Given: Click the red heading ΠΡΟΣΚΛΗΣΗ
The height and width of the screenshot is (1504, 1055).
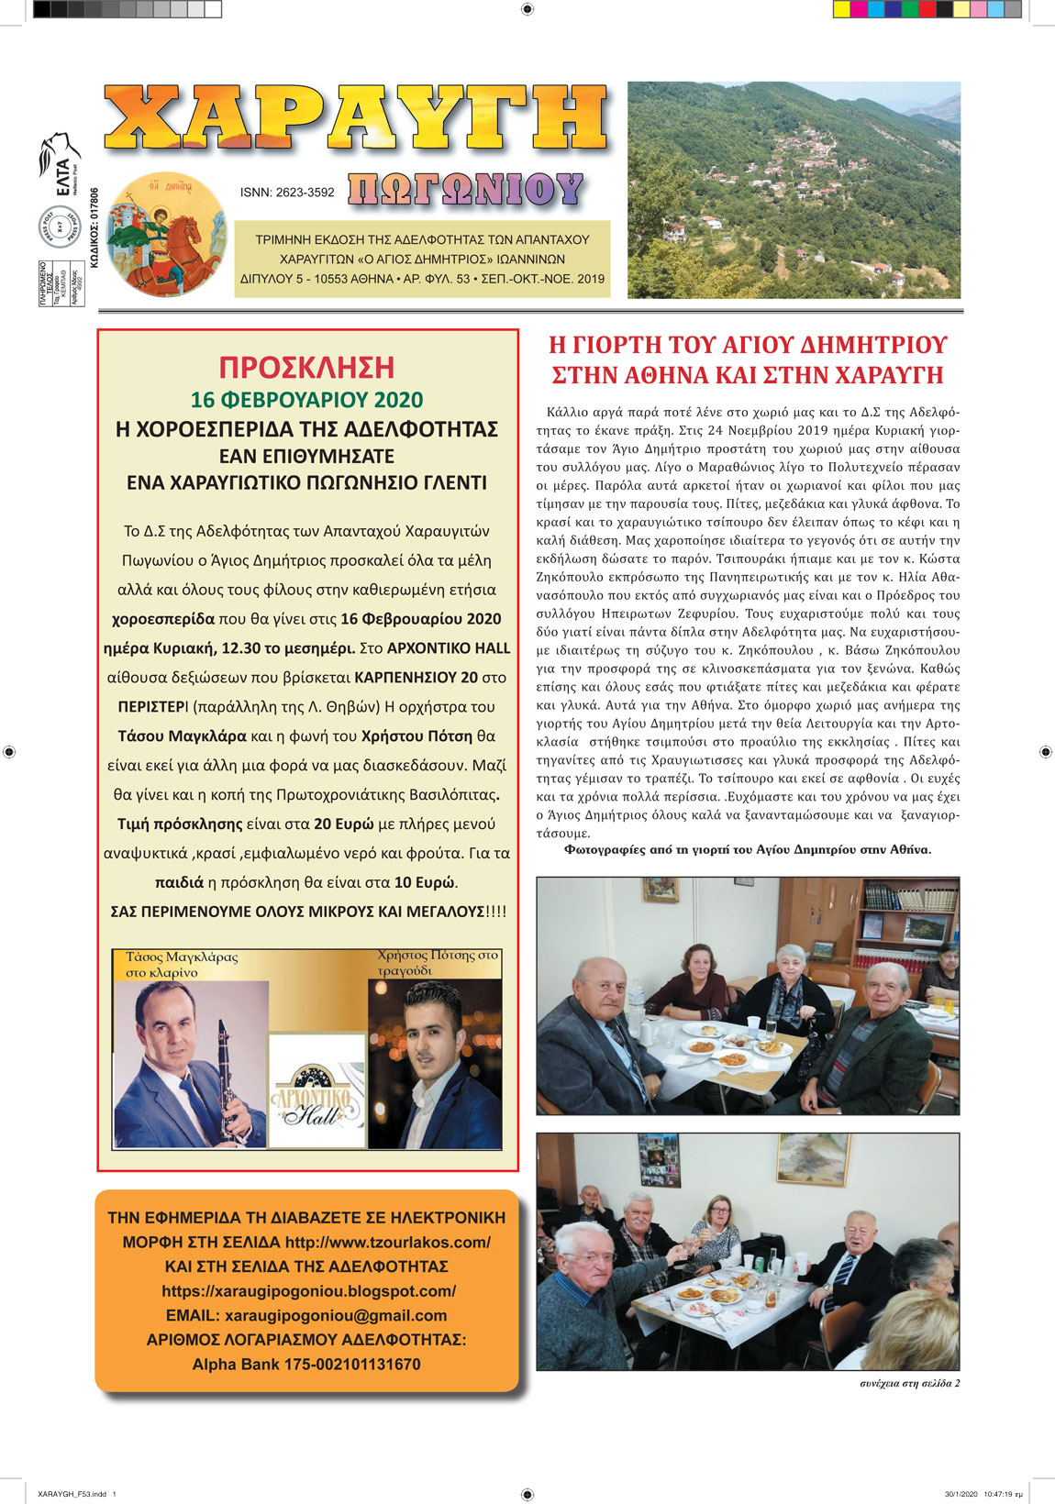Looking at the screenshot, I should (x=306, y=367).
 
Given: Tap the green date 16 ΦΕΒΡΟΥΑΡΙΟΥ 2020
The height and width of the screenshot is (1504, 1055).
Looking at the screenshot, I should (x=306, y=400).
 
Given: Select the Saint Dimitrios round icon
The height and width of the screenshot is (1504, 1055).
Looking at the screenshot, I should (x=166, y=234).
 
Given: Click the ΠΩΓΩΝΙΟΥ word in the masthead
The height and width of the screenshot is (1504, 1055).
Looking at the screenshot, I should (x=465, y=190).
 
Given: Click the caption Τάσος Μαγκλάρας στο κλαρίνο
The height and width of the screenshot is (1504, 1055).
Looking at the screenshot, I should (x=181, y=964).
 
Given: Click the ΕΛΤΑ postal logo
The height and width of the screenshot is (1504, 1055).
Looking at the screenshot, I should (x=59, y=166).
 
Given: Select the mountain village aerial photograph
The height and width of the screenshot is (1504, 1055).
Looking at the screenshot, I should (x=794, y=190).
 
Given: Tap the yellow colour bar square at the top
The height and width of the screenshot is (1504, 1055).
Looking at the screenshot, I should (x=841, y=9).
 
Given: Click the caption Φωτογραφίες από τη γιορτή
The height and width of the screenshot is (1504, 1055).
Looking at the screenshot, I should (x=747, y=849).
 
